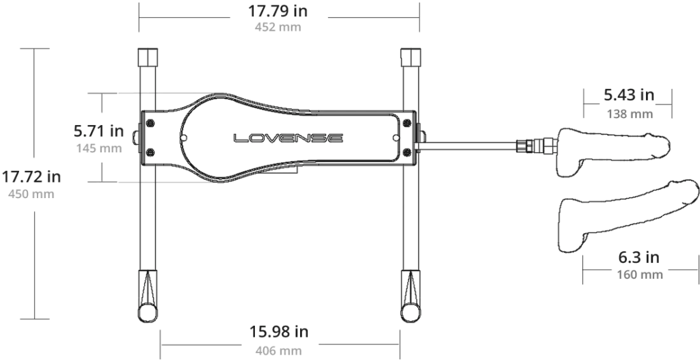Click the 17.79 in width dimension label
[278, 11]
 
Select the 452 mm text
[278, 27]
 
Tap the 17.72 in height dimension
[31, 177]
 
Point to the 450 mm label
[31, 194]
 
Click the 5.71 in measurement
[98, 130]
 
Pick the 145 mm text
[98, 148]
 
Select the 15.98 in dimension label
[279, 332]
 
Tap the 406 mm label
[279, 350]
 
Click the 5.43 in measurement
[629, 94]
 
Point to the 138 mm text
[630, 114]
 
